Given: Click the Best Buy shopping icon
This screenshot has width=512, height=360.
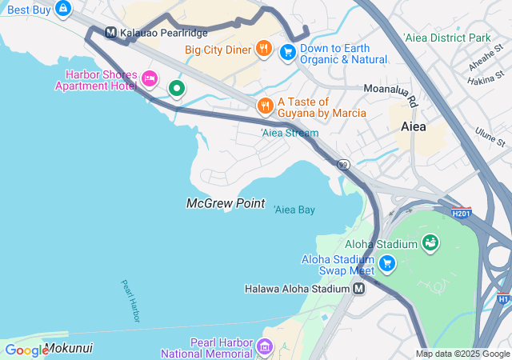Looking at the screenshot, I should [x=63, y=10].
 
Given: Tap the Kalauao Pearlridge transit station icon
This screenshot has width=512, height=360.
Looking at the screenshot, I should [x=111, y=33].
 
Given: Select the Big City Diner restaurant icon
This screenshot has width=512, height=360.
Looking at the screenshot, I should [x=264, y=50].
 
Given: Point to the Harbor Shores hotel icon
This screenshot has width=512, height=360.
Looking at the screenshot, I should [x=150, y=78].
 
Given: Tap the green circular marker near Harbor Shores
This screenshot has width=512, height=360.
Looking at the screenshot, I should [x=176, y=88].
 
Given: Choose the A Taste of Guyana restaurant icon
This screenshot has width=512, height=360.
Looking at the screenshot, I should [x=265, y=106].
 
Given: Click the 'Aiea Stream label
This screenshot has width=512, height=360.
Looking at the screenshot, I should [x=290, y=133].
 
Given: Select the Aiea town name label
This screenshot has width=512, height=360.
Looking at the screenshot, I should [x=414, y=127].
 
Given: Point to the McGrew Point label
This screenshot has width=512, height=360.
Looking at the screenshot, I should [x=226, y=203].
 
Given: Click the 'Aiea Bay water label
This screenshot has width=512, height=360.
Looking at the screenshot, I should [x=294, y=210].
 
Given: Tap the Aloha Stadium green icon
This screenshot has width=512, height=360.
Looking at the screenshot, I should [x=430, y=242].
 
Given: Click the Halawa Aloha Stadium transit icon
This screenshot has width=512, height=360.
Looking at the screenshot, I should [x=359, y=289].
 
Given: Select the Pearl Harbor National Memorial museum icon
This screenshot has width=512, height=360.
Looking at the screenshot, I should [x=265, y=347].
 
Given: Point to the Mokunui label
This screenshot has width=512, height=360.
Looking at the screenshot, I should [x=69, y=349].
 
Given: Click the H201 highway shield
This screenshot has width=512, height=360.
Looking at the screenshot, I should [x=461, y=214].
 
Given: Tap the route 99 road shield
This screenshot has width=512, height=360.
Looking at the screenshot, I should [x=343, y=165].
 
